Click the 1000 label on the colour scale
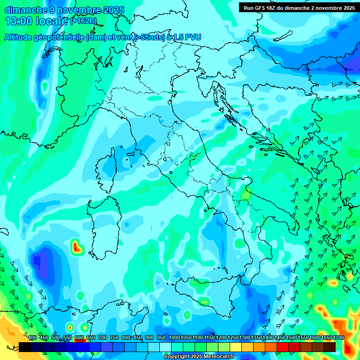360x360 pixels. [x=174, y=338]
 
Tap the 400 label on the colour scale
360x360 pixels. [x=32, y=338]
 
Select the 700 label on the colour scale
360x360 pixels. [x=103, y=338]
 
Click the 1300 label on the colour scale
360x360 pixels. [x=245, y=338]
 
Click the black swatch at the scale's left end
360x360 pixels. [x=25, y=347]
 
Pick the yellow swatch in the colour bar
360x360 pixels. [x=236, y=347]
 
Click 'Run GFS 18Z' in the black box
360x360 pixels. [x=262, y=7]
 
